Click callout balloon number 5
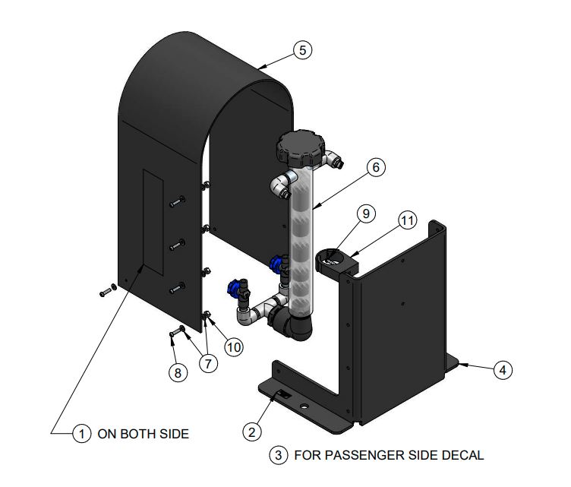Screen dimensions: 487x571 point(302,51)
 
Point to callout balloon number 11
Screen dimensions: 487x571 point(409,221)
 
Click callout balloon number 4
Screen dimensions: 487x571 point(501,370)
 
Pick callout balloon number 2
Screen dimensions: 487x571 point(251,431)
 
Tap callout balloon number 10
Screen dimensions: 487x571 point(233,346)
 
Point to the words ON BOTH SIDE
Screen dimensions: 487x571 point(143,435)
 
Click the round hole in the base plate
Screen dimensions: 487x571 point(304,407)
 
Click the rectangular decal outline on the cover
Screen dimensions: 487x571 point(152,222)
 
